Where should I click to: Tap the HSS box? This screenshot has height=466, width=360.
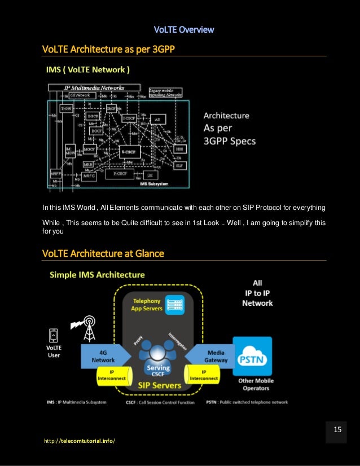click(x=179, y=148)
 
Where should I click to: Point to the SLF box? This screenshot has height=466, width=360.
click(x=179, y=166)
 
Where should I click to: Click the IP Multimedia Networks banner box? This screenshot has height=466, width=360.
click(x=94, y=87)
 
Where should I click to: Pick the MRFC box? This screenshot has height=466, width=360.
click(x=90, y=175)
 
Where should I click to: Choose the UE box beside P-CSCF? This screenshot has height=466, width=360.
click(x=150, y=175)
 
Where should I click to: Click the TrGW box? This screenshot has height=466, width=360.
click(x=67, y=108)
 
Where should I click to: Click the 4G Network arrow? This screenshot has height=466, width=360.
click(x=106, y=356)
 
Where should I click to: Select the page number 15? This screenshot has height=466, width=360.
click(x=337, y=429)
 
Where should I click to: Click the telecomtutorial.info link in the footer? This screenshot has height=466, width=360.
click(x=78, y=440)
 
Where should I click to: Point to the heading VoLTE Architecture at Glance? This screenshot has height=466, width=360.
click(x=103, y=254)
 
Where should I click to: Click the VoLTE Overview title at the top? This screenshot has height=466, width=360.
click(x=184, y=29)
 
